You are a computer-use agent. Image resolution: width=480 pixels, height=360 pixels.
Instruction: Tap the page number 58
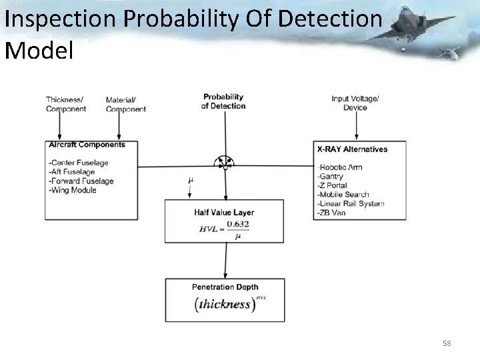[x=447, y=343]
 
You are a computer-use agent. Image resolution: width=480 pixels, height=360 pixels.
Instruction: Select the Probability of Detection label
[x=223, y=101]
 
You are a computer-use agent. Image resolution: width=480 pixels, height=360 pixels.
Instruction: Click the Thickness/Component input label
[x=65, y=105]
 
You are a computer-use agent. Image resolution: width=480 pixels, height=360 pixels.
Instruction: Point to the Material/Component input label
[x=125, y=105]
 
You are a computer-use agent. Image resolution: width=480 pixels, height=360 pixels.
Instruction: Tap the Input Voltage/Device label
[x=355, y=103]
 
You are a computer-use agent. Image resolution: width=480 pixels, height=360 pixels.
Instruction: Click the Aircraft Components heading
[x=87, y=145]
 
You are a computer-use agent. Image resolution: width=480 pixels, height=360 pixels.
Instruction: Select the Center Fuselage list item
[x=79, y=163]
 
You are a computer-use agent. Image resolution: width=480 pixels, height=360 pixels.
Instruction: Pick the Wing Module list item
[x=73, y=190]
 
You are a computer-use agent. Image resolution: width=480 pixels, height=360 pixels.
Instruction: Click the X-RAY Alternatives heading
[x=353, y=149]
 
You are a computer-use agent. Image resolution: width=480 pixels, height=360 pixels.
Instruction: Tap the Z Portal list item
[x=335, y=185]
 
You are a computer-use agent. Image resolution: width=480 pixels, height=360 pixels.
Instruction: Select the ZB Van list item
[x=331, y=213]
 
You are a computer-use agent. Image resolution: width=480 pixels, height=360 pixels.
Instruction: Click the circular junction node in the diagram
[x=225, y=163]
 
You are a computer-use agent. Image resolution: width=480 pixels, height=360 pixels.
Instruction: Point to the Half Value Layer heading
[x=224, y=213]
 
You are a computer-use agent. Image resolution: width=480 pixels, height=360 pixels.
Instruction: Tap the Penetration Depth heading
[x=225, y=287]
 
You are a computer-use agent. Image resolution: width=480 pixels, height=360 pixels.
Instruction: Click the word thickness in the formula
[x=223, y=304]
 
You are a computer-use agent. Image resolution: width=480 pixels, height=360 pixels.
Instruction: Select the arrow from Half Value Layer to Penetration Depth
[x=225, y=260]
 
